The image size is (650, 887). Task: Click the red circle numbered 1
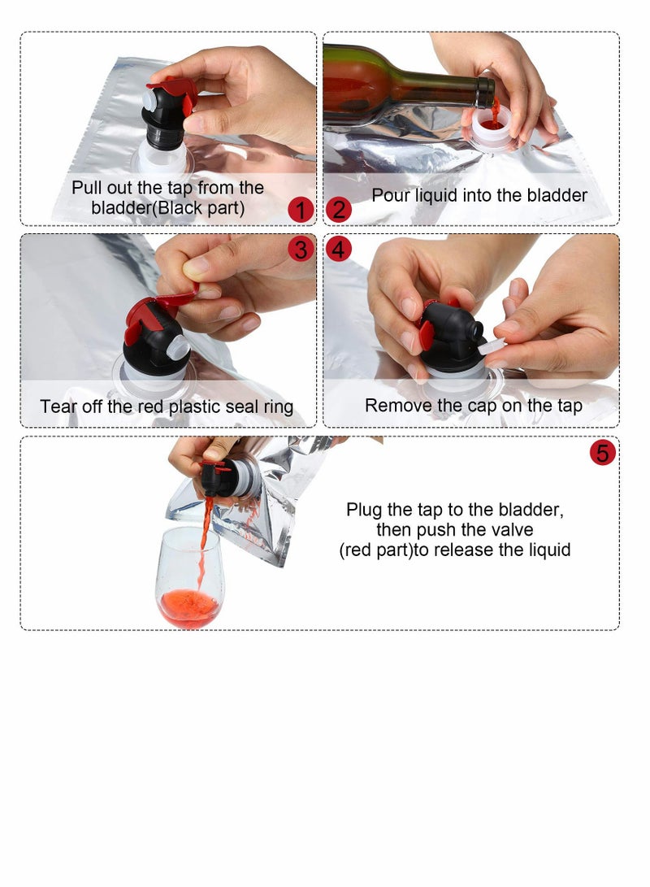coord(301,210)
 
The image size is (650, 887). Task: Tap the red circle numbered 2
coord(339,210)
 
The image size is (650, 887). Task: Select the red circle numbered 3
coord(301,249)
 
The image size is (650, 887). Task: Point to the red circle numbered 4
coord(339,249)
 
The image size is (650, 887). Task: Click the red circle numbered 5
coord(603,453)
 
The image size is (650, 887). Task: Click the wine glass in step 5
coord(188,577)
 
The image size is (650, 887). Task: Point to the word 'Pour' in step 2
coord(391,195)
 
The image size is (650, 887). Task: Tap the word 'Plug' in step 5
coord(365,510)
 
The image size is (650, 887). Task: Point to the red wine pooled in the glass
coord(188,607)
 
